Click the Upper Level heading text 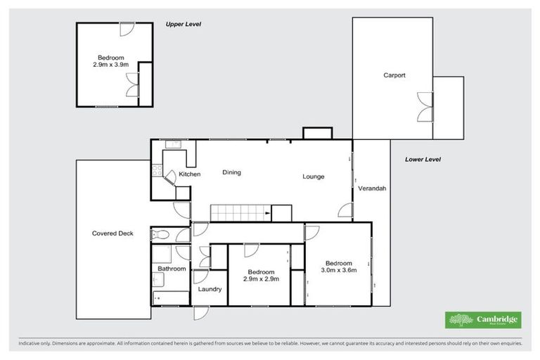pyautogui.click(x=184, y=24)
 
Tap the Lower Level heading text pyautogui.click(x=423, y=160)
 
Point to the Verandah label pyautogui.click(x=371, y=189)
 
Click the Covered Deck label pyautogui.click(x=112, y=233)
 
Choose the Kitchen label pyautogui.click(x=189, y=174)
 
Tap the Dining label pyautogui.click(x=232, y=172)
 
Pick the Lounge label pyautogui.click(x=314, y=176)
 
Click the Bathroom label pyautogui.click(x=172, y=269)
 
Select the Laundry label pyautogui.click(x=210, y=289)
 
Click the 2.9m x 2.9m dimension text pyautogui.click(x=262, y=279)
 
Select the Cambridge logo pyautogui.click(x=484, y=320)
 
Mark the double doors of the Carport pyautogui.click(x=424, y=107)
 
